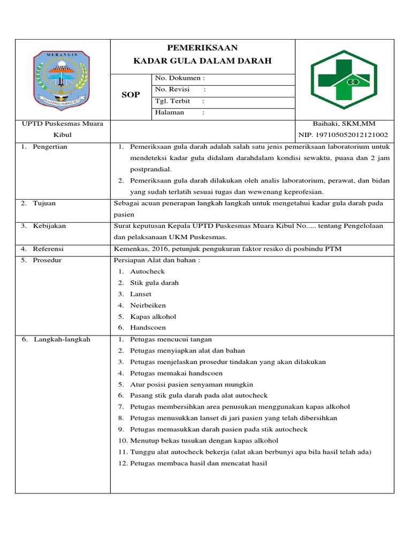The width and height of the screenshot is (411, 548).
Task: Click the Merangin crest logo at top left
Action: pyautogui.click(x=63, y=79)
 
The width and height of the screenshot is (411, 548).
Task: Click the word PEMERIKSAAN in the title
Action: pyautogui.click(x=202, y=48)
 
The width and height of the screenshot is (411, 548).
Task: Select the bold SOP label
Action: pyautogui.click(x=131, y=95)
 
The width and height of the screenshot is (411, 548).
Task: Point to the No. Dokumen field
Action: pyautogui.click(x=180, y=78)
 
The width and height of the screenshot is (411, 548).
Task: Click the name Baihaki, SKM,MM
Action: pyautogui.click(x=347, y=124)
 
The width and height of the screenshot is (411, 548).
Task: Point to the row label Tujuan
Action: pyautogui.click(x=44, y=203)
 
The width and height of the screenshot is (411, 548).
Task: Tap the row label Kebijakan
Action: pyautogui.click(x=49, y=226)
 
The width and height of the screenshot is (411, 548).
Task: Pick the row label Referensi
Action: pyautogui.click(x=48, y=249)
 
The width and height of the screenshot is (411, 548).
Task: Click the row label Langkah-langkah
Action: pyautogui.click(x=62, y=339)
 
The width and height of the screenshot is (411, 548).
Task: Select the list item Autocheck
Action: pyautogui.click(x=147, y=271)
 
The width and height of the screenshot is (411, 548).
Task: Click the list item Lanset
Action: pyautogui.click(x=141, y=294)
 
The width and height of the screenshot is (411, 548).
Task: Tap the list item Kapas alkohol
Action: pyautogui.click(x=153, y=316)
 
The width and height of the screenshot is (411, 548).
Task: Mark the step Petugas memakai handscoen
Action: pyautogui.click(x=176, y=373)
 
